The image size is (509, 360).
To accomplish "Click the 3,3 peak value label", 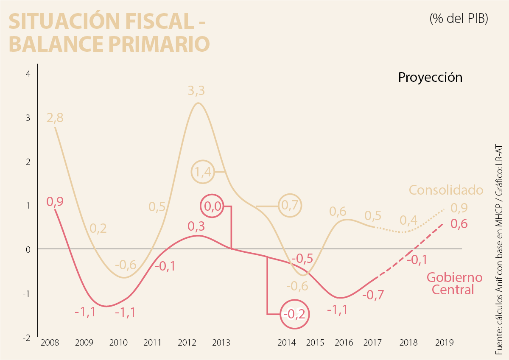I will (x=196, y=91).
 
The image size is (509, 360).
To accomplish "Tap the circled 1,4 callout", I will (x=202, y=172).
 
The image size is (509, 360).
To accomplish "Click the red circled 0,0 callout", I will (x=212, y=206).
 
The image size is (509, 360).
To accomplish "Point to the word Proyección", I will (x=430, y=78).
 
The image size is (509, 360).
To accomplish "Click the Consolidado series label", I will (x=446, y=190).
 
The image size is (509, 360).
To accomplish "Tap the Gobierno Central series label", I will (x=454, y=284).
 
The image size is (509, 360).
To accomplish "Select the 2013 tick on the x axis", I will (x=221, y=343).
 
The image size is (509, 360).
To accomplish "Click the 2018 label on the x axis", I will (x=408, y=343).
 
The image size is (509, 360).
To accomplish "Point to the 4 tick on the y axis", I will (x=28, y=74).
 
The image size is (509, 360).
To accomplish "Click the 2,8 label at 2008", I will (x=55, y=118).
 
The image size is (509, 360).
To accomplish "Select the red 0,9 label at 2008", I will (x=55, y=201).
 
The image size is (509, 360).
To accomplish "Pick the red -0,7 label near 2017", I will (x=373, y=295).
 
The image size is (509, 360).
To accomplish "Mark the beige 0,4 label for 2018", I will (x=408, y=220).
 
